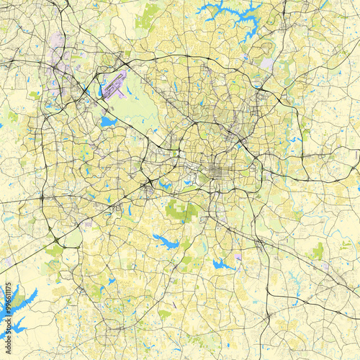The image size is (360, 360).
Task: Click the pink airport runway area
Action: click(x=114, y=84)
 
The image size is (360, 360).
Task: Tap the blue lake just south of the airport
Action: click(x=108, y=122)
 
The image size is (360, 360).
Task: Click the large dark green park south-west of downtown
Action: click(x=180, y=210)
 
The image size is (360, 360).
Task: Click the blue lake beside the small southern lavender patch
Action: click(x=222, y=264)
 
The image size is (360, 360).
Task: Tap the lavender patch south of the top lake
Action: click(x=266, y=63)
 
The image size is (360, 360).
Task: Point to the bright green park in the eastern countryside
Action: click(x=317, y=250)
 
